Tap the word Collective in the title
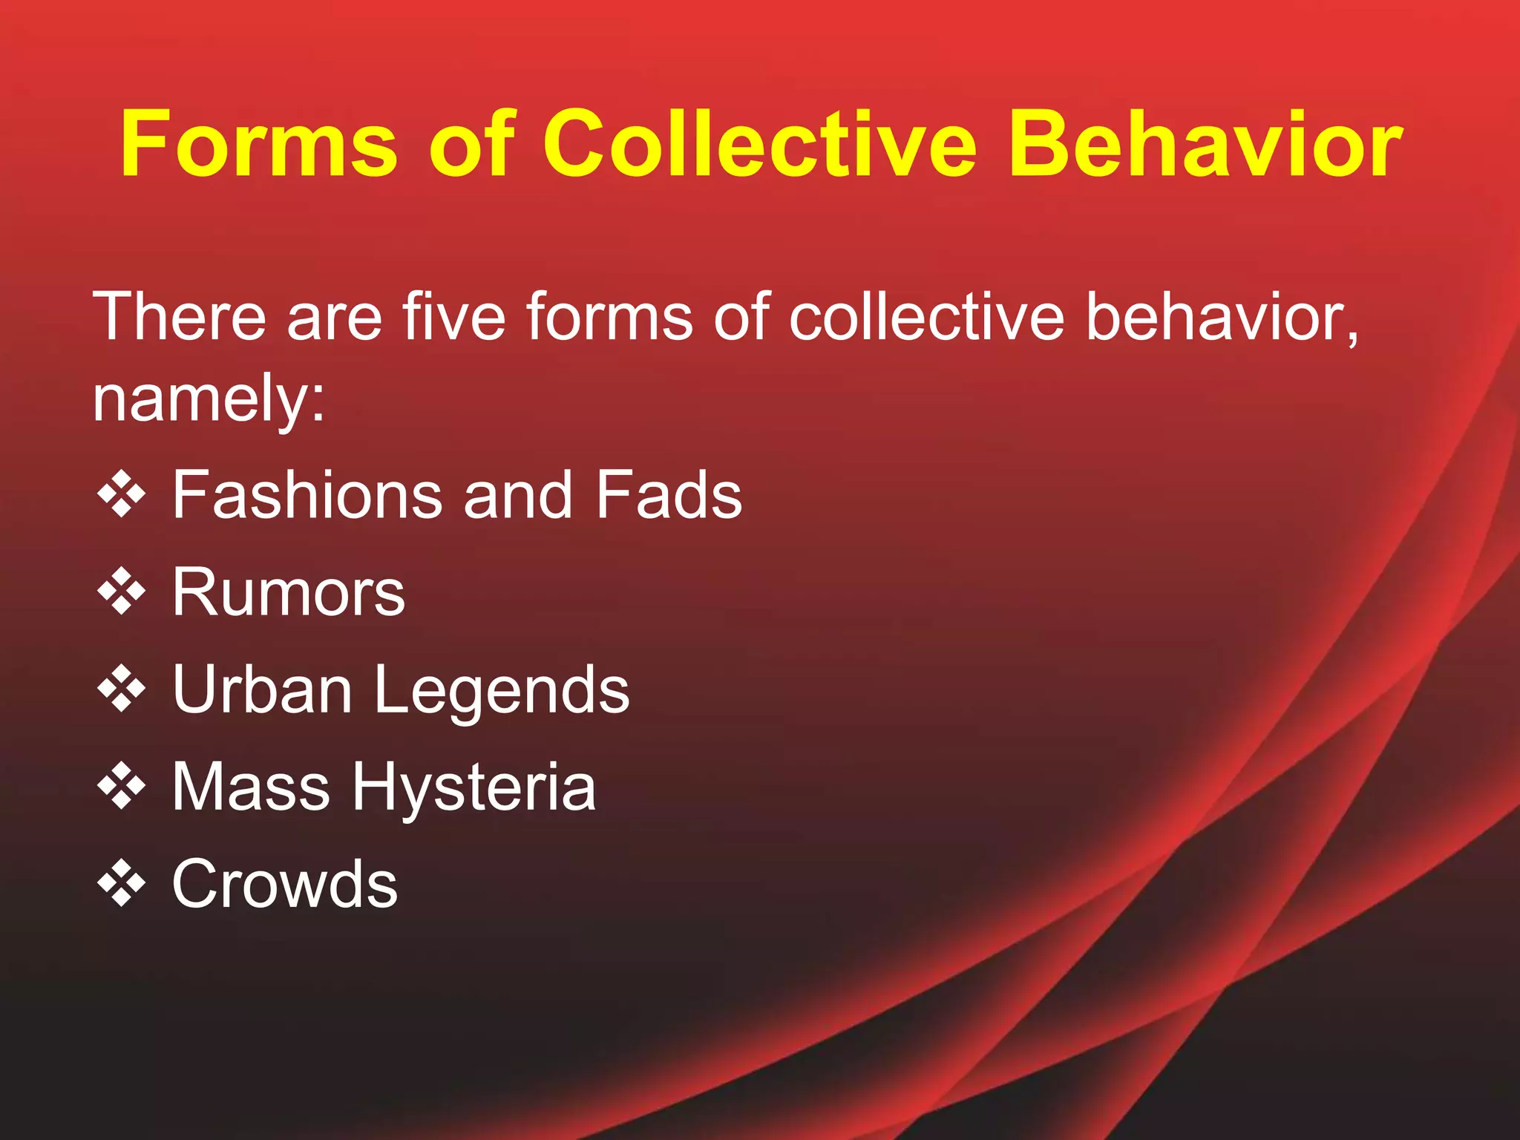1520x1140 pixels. tap(760, 144)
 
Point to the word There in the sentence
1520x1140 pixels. tap(179, 318)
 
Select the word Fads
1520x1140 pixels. tap(668, 495)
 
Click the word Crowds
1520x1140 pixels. tap(285, 884)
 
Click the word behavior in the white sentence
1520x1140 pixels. tap(1222, 318)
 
